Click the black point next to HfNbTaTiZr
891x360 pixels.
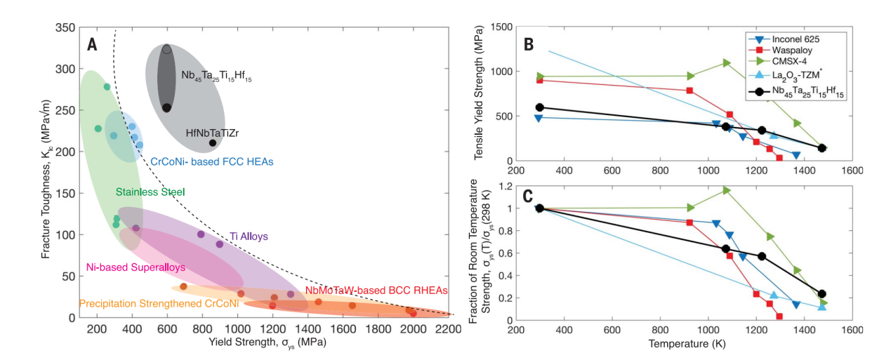point(213,143)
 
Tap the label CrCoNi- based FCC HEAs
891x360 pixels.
point(211,161)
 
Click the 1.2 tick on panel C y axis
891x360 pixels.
point(503,186)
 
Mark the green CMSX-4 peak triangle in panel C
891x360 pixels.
point(727,190)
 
